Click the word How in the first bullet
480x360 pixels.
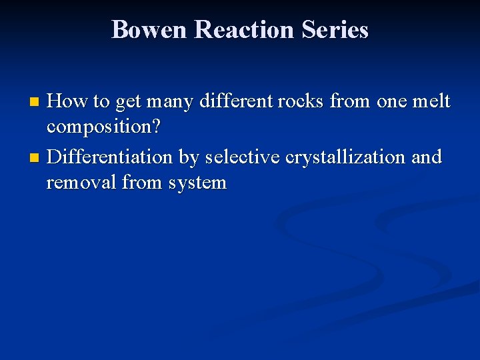tap(68, 101)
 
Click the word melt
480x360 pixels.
tap(432, 101)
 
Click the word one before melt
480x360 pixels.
tap(393, 102)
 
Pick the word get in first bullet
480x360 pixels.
tap(129, 103)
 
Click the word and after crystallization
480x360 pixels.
tap(427, 157)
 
